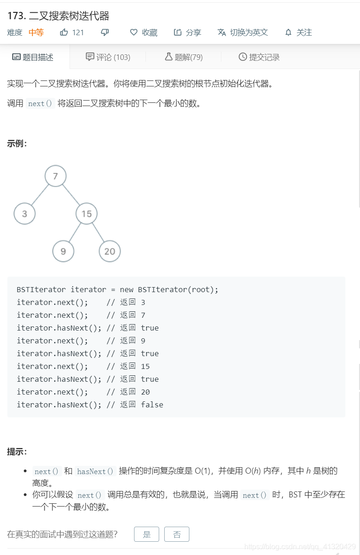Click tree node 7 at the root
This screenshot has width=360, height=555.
pyautogui.click(x=55, y=176)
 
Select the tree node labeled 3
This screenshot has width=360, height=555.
pyautogui.click(x=25, y=213)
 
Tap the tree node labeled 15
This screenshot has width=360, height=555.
pyautogui.click(x=86, y=213)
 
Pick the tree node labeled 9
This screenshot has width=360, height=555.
pyautogui.click(x=63, y=251)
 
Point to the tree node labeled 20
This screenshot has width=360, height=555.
pyautogui.click(x=110, y=251)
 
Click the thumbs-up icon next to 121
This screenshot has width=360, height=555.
pyautogui.click(x=64, y=32)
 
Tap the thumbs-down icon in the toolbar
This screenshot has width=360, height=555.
pyautogui.click(x=105, y=32)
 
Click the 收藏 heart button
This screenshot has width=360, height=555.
pyautogui.click(x=144, y=32)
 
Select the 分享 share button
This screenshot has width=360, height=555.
pyautogui.click(x=188, y=32)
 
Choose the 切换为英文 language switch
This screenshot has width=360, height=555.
pyautogui.click(x=243, y=32)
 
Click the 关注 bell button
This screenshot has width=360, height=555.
pyautogui.click(x=298, y=32)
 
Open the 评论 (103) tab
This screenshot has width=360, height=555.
pyautogui.click(x=108, y=57)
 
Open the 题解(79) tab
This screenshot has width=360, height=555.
pyautogui.click(x=183, y=57)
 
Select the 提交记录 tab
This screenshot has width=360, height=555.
pyautogui.click(x=259, y=57)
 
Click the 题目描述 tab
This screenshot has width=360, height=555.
pyautogui.click(x=33, y=57)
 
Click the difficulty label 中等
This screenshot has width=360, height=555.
pyautogui.click(x=36, y=32)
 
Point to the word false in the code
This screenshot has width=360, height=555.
pyautogui.click(x=152, y=405)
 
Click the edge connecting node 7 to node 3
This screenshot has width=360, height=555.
pyautogui.click(x=40, y=195)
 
